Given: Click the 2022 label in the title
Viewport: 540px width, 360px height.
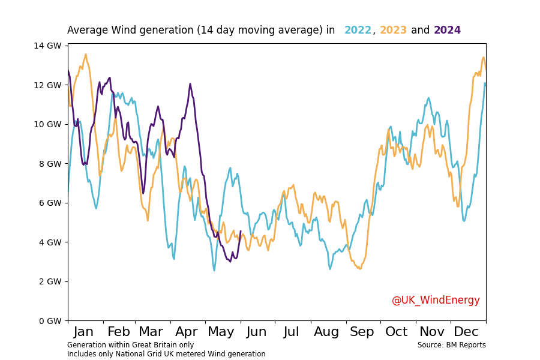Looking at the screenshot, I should [x=358, y=31].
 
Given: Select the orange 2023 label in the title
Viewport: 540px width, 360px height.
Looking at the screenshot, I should [x=393, y=31].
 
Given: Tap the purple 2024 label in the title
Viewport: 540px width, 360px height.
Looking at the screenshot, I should [x=447, y=31].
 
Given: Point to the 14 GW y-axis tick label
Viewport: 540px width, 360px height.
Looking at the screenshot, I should [x=49, y=46].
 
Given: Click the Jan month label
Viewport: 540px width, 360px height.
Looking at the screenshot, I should [x=83, y=332].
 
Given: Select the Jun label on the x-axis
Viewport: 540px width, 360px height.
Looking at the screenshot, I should [x=257, y=332].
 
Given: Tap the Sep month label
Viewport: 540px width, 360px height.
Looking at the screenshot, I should [x=362, y=332].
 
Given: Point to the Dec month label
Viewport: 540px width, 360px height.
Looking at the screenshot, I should [x=466, y=332].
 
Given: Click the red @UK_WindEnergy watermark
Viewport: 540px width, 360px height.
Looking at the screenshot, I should [x=436, y=300].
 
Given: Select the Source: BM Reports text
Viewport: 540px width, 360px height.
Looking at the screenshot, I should [x=452, y=345].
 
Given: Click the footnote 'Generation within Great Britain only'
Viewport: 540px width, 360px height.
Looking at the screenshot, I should [x=130, y=345].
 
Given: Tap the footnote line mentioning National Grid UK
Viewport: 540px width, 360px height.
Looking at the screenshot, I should [x=166, y=354].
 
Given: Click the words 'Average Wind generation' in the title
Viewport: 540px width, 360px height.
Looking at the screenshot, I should [x=130, y=31].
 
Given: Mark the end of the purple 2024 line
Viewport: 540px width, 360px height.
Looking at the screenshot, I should [x=241, y=231].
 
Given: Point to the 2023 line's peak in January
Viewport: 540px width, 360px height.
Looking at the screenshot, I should [x=86, y=55].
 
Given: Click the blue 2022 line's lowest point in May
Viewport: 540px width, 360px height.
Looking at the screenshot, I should [x=214, y=270].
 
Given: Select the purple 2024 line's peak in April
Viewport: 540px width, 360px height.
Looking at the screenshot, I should [x=190, y=84].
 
